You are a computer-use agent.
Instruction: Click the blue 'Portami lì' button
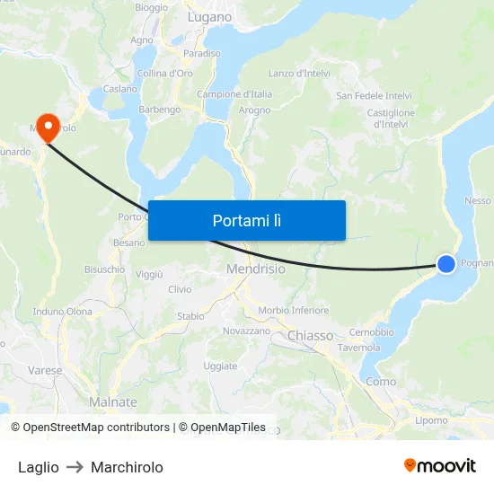[246, 220]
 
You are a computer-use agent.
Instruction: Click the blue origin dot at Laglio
[446, 263]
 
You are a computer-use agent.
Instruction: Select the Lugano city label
[209, 17]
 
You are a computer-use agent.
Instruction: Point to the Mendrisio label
[255, 269]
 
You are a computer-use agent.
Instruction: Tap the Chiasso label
[311, 336]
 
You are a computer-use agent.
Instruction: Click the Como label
[381, 382]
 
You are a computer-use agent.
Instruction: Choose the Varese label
[45, 370]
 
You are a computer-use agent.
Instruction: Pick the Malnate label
[113, 402]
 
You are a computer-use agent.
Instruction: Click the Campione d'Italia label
[234, 94]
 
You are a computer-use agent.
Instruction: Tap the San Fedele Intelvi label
[374, 95]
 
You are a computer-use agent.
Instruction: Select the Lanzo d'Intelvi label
[300, 74]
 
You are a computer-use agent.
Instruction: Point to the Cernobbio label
[371, 332]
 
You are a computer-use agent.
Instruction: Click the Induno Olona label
[63, 312]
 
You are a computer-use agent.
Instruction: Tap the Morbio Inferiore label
[294, 311]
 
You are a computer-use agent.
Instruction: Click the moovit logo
[439, 465]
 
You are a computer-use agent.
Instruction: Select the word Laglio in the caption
[39, 467]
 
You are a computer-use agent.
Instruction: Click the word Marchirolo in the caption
[127, 467]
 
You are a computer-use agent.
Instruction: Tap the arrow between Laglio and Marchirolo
[75, 467]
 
